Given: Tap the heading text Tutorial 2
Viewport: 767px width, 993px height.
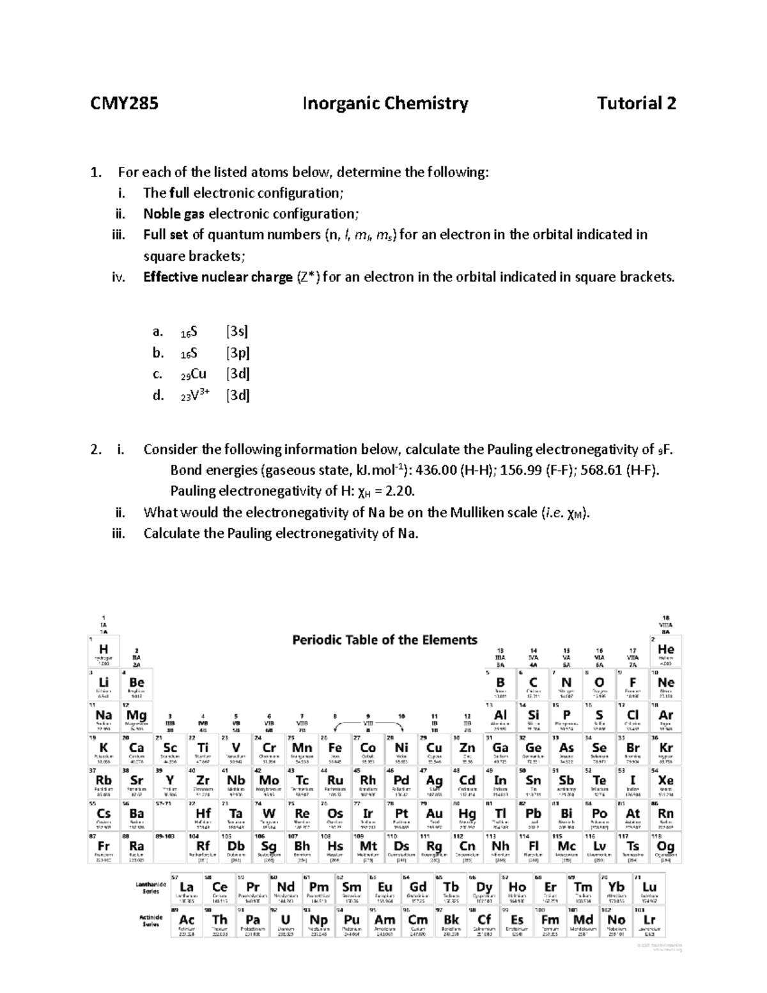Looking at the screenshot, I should coord(636,104).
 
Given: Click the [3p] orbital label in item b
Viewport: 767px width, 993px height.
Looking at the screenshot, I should coord(238,353).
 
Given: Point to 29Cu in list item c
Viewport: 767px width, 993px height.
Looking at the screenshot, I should coord(194,374).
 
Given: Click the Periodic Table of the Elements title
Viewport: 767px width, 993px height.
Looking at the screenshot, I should coord(385,640).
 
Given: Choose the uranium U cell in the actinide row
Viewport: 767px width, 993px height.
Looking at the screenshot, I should coord(285,921).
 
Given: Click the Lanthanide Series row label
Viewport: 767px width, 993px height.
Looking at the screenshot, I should coord(151,888).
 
